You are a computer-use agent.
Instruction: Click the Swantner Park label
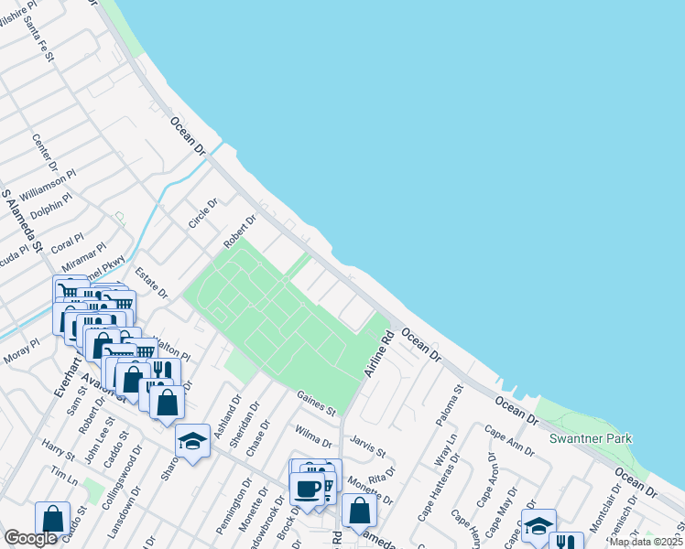pyautogui.click(x=591, y=438)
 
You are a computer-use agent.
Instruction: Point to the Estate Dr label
pyautogui.click(x=152, y=283)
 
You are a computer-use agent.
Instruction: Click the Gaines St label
pyautogui.click(x=316, y=402)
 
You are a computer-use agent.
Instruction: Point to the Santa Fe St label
pyautogui.click(x=42, y=38)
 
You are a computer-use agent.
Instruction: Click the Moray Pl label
pyautogui.click(x=21, y=352)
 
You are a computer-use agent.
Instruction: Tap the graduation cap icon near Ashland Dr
pyautogui.click(x=192, y=443)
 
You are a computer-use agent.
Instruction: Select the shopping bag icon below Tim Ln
pyautogui.click(x=52, y=517)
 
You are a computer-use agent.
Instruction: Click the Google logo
pyautogui.click(x=30, y=538)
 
